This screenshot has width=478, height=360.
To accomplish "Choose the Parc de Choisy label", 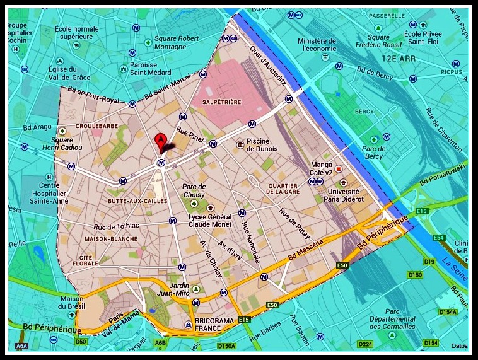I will coord(194,190).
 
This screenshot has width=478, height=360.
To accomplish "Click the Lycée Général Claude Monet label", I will coord(210,220).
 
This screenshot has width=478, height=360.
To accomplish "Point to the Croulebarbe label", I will coord(93,126).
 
